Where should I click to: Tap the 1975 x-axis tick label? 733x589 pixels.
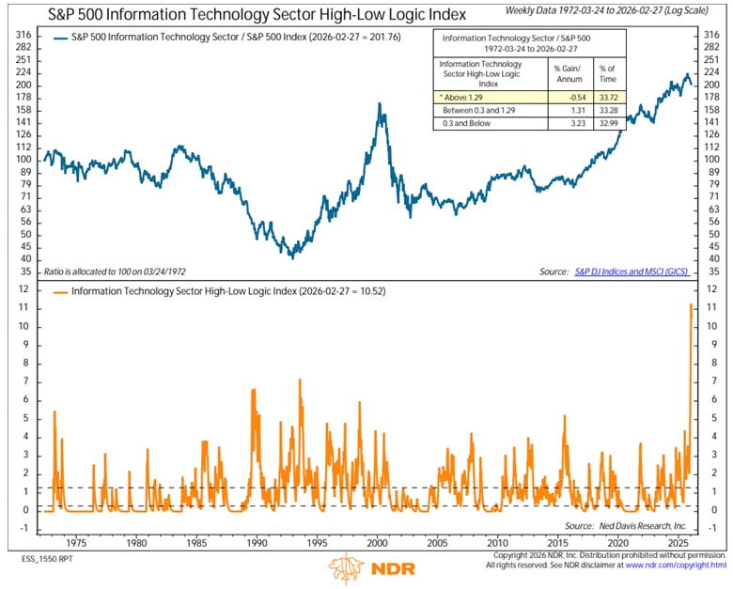point(77,543)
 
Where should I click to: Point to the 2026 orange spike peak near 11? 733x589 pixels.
point(692,304)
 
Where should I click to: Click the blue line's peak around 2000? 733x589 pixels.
point(380,103)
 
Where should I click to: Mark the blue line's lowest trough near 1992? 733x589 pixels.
point(291,256)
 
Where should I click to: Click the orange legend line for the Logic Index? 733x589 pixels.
point(56,291)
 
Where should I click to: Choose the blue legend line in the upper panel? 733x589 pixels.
point(56,39)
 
